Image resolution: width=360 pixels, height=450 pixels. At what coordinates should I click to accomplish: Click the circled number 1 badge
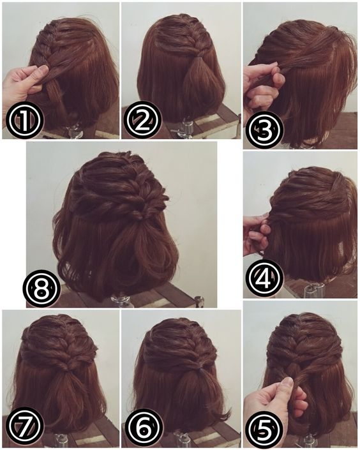pyautogui.click(x=24, y=121)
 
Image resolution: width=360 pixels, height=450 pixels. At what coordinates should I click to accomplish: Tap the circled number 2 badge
pyautogui.click(x=142, y=119)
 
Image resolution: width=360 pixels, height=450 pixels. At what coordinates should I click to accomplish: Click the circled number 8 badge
pyautogui.click(x=42, y=288)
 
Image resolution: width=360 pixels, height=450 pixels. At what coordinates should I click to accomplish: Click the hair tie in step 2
pyautogui.click(x=197, y=58)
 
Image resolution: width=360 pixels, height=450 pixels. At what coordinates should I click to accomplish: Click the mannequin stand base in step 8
pyautogui.click(x=121, y=301)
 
